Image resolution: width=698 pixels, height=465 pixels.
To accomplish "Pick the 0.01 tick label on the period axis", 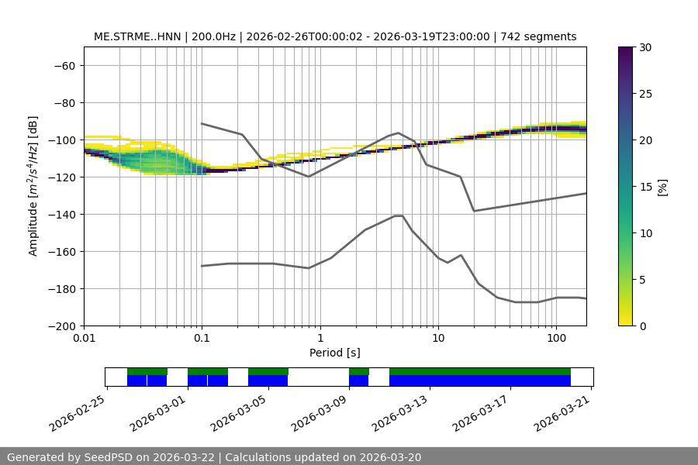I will coord(84,339).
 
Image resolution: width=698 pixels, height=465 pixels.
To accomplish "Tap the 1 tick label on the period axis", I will coord(320,339).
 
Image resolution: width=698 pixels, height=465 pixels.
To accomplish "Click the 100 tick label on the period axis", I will coord(555,339).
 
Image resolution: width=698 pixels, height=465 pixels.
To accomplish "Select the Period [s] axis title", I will coord(334,353).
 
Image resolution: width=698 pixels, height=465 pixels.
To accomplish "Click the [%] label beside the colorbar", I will coord(662,187).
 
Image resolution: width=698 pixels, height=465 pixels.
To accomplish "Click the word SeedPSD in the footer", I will coord(112,457).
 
